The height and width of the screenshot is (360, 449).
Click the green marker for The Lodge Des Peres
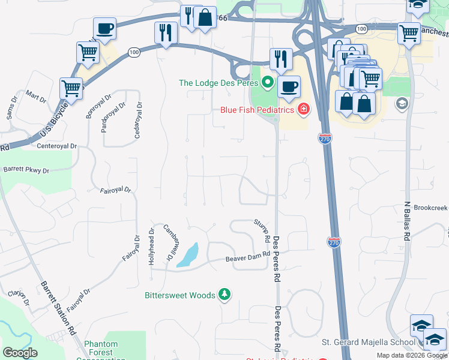click(268, 82)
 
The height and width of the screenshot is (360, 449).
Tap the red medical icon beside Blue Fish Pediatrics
click(304, 109)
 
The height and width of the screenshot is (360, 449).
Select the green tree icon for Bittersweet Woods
click(224, 295)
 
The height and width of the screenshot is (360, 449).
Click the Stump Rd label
click(261, 230)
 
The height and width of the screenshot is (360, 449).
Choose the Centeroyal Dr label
click(57, 146)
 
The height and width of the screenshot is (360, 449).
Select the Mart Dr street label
click(35, 97)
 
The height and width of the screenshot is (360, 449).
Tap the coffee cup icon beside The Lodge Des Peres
click(289, 85)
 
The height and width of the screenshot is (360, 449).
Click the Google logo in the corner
click(20, 353)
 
